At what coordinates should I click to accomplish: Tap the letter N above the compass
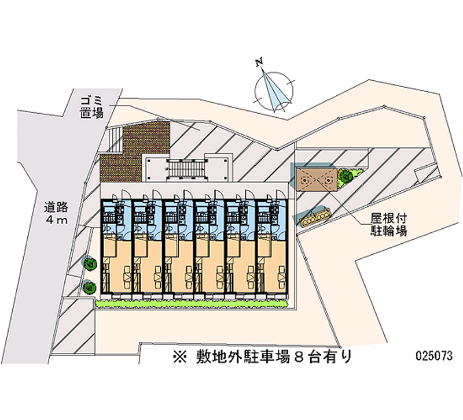tap(261, 61)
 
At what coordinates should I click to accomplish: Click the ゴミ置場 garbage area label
tap(92, 107)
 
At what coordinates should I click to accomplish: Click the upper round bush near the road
tap(90, 263)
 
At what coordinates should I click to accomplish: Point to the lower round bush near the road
tap(89, 286)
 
